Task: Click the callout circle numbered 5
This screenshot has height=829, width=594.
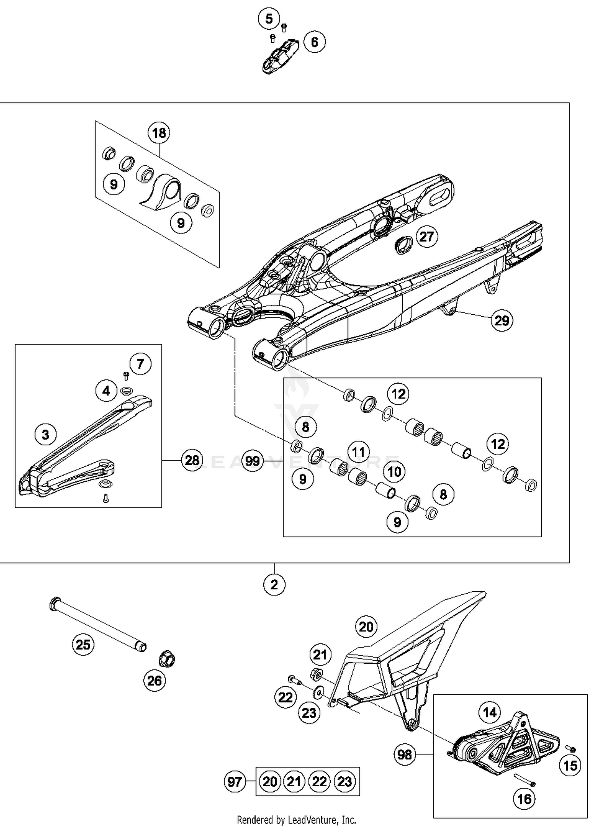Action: pos(269,19)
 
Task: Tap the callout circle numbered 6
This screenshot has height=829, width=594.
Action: pos(314,42)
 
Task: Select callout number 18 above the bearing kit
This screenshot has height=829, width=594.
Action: pos(159,133)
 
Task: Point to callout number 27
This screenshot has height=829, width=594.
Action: pos(426,237)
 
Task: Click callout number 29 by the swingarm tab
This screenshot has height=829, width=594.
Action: pos(502,320)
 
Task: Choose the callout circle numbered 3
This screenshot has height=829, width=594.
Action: pos(46,434)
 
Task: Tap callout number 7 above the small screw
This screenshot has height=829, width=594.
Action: pos(140,364)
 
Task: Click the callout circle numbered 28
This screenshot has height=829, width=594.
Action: pos(192,460)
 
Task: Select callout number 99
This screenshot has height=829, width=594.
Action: pos(253,461)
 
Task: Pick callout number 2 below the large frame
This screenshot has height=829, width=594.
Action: pos(274,585)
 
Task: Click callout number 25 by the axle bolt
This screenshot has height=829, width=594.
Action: pos(83,644)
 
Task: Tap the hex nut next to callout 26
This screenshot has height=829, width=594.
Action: pos(167,659)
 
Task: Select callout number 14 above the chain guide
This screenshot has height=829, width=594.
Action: pos(490,712)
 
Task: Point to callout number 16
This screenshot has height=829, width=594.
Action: pos(524,799)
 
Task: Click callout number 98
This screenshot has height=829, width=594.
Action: pos(404,755)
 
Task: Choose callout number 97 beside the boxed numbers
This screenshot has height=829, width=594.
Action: pos(234,781)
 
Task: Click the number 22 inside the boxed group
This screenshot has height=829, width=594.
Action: pos(320,781)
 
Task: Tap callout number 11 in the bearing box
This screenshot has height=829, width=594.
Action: pos(358,452)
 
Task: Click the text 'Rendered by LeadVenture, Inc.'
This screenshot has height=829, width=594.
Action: pos(296,819)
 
